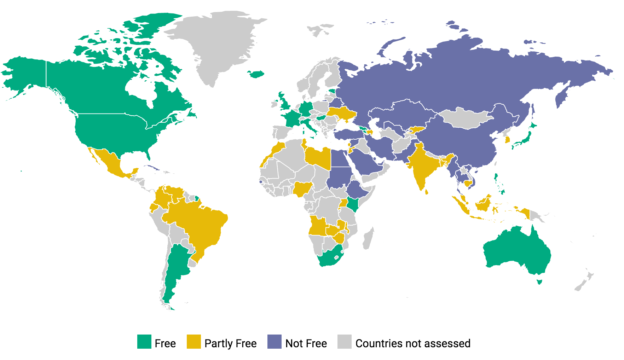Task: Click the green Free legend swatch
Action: pos(144,342)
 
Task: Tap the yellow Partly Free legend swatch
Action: pos(194,342)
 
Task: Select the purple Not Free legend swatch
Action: pos(275,342)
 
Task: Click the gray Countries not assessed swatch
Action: pos(345,342)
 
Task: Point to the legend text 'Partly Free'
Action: pos(230,343)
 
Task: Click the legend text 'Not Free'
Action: pos(306,343)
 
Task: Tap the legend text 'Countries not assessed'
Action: pos(413,343)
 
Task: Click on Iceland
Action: pos(256,74)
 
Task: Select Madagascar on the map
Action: pos(368,238)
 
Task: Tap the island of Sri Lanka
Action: pos(426,192)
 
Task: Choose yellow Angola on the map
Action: pos(318,227)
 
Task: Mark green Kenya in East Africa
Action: pos(353,204)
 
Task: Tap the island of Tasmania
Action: pos(539,281)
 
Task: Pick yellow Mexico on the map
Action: pos(113,163)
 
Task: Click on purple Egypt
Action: pos(340,159)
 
